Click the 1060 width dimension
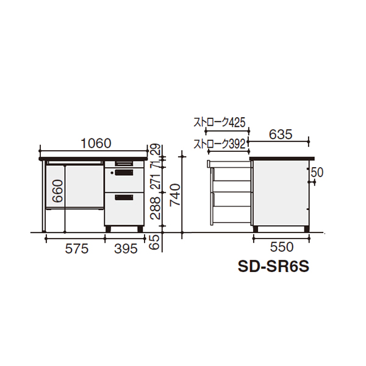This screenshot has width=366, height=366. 96,143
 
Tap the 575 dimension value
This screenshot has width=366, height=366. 77,249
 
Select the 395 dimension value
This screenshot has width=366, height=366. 126,249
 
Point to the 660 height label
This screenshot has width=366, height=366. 58,191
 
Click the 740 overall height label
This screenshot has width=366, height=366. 175,195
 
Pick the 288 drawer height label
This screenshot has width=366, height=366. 156,208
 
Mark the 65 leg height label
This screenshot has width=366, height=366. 156,242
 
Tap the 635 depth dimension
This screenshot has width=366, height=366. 281,134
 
